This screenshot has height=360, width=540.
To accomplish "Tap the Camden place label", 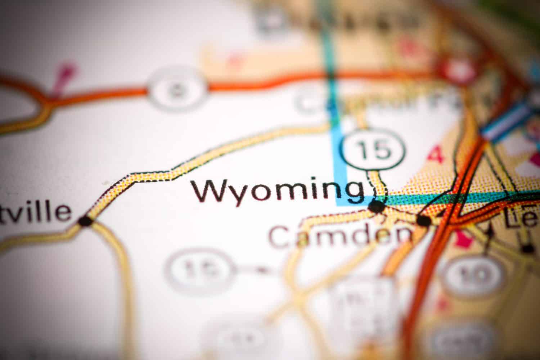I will (x=340, y=236).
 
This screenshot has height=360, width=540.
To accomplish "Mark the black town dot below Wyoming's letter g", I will (x=377, y=206).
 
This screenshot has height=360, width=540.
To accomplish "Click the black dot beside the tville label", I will (x=86, y=221).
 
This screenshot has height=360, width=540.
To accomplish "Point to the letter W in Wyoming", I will (x=209, y=191).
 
